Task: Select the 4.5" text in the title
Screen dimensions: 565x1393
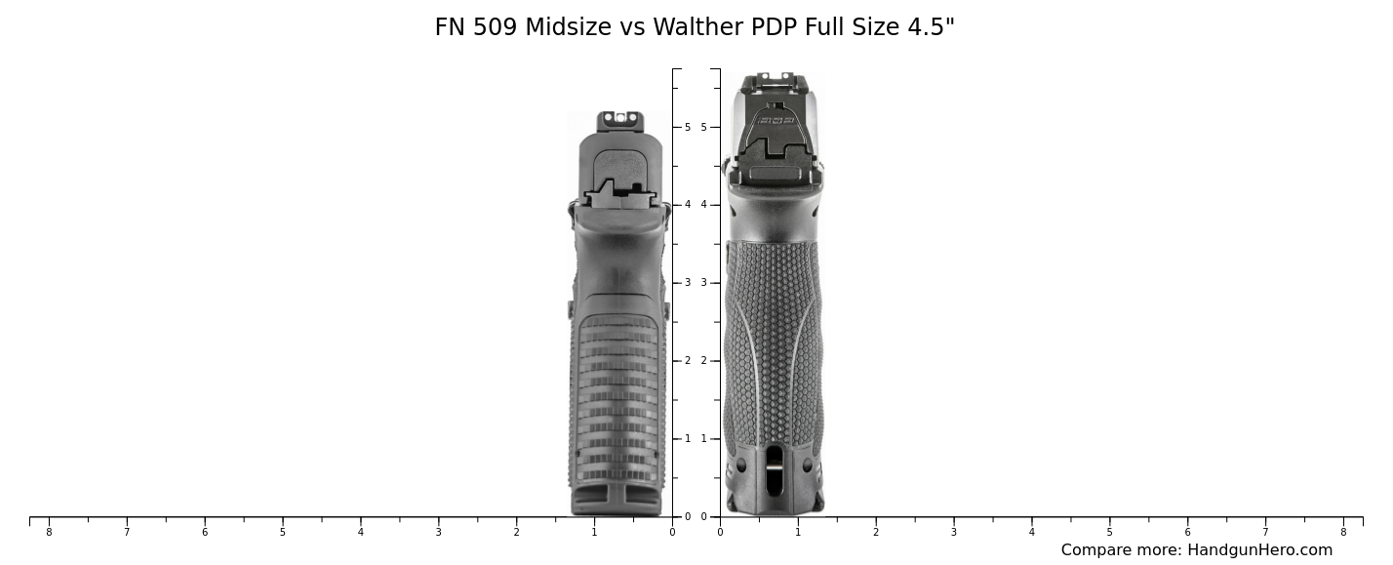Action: [932, 28]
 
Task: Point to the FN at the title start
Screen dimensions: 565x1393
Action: [451, 28]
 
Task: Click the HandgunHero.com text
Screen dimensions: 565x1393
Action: [1259, 550]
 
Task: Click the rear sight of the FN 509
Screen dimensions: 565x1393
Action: [620, 119]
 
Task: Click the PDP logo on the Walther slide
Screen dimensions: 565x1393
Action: [776, 121]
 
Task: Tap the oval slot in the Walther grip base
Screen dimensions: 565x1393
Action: [775, 470]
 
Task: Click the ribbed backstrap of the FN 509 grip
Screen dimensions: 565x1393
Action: [618, 390]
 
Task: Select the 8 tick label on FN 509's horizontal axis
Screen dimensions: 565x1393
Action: [49, 532]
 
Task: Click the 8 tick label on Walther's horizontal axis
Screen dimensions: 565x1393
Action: [1343, 532]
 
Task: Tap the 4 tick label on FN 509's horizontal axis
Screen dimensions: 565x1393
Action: [360, 532]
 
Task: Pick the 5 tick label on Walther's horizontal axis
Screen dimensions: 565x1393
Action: [1109, 532]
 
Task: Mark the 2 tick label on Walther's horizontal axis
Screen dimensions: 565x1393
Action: [876, 532]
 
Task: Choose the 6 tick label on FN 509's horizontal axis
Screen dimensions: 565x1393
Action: [205, 532]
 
